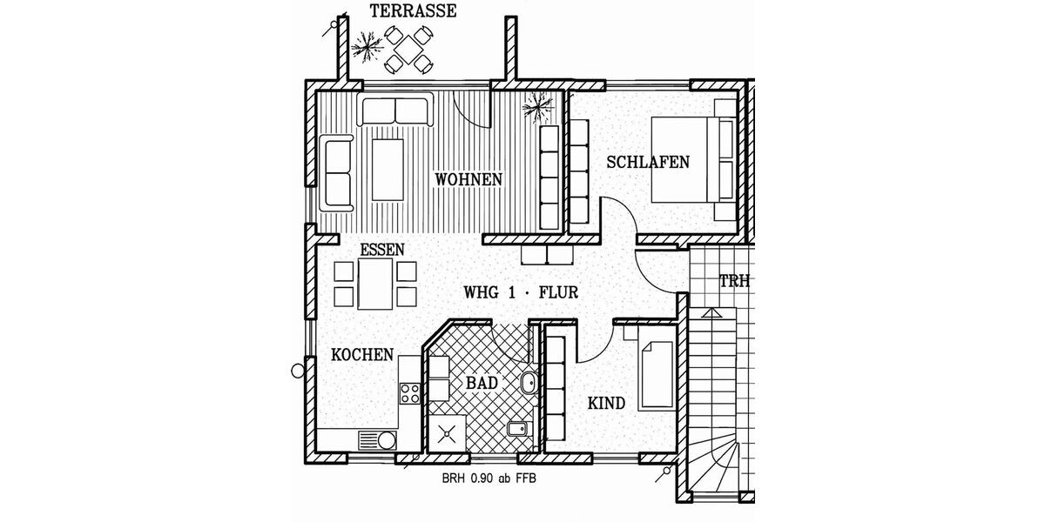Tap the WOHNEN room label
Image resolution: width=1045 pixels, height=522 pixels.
tap(469, 179)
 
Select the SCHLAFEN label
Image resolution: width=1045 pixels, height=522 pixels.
tap(648, 162)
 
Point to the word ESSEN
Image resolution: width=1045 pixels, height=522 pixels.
tap(381, 250)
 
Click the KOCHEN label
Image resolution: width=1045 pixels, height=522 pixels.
tap(362, 355)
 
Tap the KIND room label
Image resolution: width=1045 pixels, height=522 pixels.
tap(606, 404)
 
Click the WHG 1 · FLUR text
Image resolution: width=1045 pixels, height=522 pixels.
tap(521, 292)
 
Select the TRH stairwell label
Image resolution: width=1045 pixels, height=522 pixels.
tap(733, 282)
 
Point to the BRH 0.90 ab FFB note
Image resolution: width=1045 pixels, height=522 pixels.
tap(495, 478)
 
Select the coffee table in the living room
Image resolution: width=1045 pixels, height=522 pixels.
tap(388, 169)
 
